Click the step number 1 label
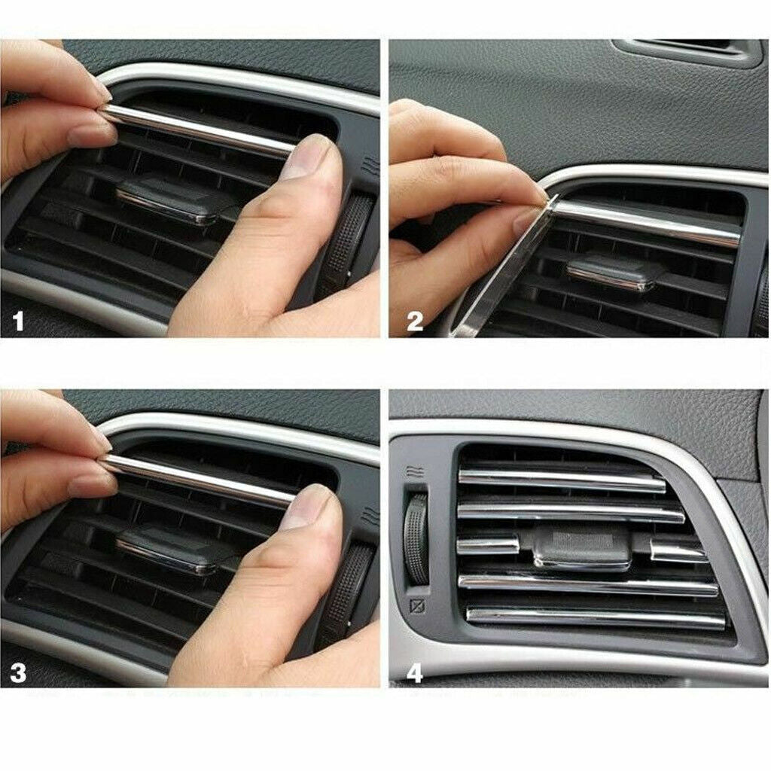[x=18, y=322]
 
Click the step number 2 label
[x=415, y=322]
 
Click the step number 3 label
[x=18, y=672]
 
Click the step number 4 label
[x=415, y=672]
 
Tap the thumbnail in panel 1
[x=305, y=157]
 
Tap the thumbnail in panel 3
[x=305, y=507]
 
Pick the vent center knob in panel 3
[x=168, y=550]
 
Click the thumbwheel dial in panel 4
[x=416, y=538]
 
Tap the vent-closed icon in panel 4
[x=417, y=606]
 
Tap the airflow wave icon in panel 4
[x=416, y=473]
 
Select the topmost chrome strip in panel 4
[x=562, y=481]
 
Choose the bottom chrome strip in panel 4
[x=596, y=617]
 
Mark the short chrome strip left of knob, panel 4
[x=488, y=544]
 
